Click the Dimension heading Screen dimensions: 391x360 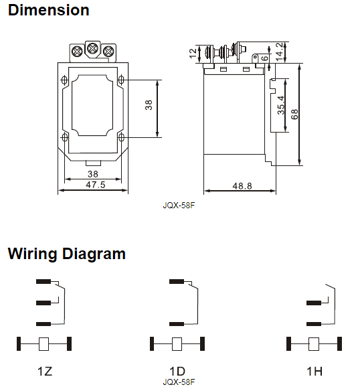(48, 11)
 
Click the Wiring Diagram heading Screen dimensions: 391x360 (66, 254)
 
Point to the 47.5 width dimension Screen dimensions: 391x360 (95, 185)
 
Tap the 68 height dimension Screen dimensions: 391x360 (295, 114)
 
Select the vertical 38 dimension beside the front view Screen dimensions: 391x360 (149, 105)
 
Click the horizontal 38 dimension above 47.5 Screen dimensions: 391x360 (93, 173)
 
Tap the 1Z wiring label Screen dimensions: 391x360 (44, 370)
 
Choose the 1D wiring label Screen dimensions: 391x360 (177, 370)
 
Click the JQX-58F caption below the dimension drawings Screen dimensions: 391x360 (178, 206)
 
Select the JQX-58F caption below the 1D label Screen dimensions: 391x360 (178, 382)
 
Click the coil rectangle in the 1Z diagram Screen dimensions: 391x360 (44, 344)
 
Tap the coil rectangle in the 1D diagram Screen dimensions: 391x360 (178, 344)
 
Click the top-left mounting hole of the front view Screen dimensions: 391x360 (65, 80)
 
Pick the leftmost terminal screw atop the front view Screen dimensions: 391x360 (76, 50)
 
